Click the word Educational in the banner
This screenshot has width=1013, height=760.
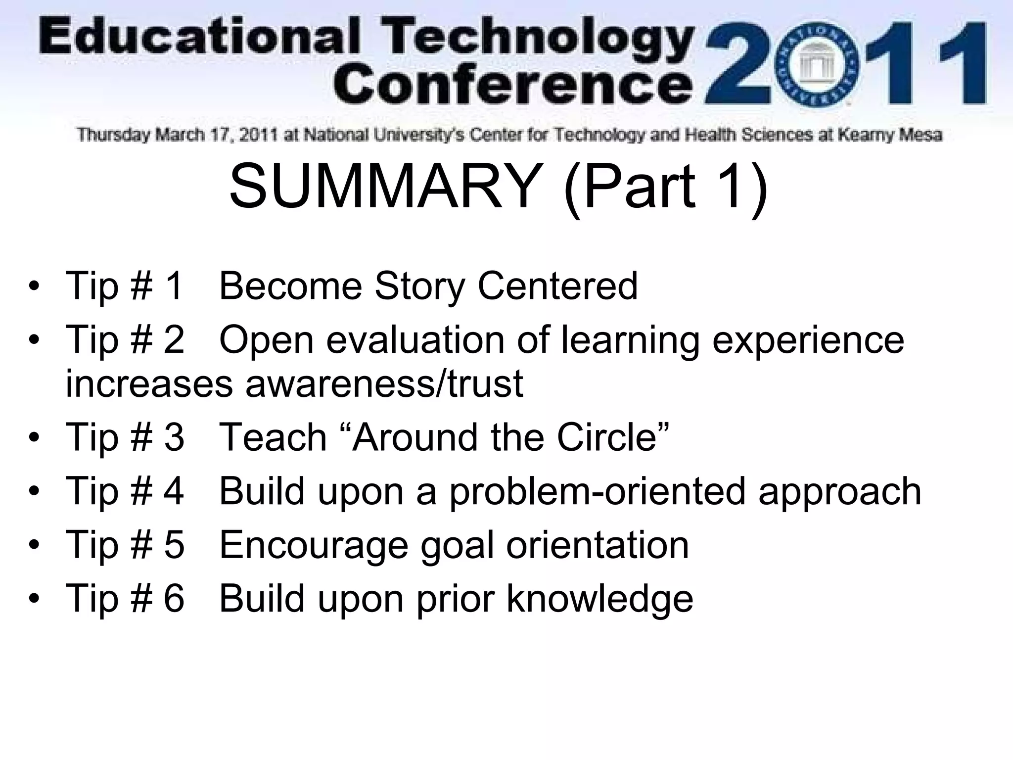coord(198,40)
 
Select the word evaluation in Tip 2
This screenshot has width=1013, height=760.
coord(415,340)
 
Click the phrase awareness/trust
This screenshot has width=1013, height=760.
coord(384,383)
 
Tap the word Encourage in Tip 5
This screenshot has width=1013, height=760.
coord(314,545)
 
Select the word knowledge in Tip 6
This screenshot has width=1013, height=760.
coord(599,599)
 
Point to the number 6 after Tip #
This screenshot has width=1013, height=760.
coord(174,599)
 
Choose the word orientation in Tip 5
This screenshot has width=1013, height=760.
coord(597,545)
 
